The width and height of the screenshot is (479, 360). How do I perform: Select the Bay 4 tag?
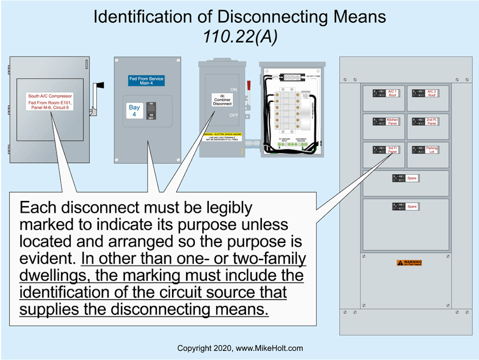134,110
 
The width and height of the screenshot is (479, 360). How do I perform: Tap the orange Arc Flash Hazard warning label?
409,263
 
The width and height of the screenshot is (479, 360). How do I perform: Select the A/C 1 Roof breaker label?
392,93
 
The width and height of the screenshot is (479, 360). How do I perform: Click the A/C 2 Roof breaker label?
432,93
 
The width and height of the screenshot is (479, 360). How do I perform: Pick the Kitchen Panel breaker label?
392,121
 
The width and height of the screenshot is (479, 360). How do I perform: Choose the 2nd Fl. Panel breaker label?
431,121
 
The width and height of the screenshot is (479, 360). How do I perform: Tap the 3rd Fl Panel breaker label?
392,150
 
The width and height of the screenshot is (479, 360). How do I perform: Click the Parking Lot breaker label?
431,150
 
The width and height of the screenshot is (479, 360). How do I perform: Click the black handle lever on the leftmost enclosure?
99,85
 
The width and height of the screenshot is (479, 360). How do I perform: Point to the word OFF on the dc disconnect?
234,115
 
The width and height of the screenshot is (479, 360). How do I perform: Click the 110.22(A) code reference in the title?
239,37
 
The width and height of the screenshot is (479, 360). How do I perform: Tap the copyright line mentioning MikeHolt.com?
240,348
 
